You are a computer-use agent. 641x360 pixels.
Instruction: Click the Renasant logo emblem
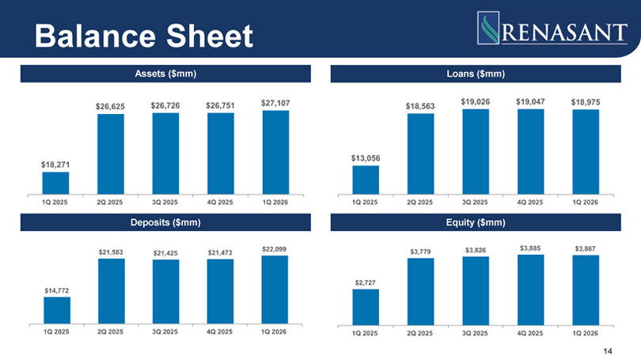[x=488, y=28]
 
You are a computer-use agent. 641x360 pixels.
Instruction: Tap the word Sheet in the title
[x=209, y=36]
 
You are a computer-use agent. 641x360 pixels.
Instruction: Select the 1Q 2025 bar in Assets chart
[x=55, y=183]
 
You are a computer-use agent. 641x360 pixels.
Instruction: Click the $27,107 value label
[x=275, y=103]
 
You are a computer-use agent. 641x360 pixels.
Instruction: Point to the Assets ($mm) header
[x=165, y=74]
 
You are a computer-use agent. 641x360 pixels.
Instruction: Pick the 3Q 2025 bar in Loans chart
[x=476, y=152]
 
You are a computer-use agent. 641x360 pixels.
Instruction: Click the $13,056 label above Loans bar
[x=366, y=158]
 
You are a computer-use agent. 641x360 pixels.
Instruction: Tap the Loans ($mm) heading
[x=476, y=74]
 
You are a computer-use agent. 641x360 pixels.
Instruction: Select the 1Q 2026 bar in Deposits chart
[x=275, y=290]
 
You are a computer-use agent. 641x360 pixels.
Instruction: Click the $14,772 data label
[x=57, y=290]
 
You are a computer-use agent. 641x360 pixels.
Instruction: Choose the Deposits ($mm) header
[x=165, y=222]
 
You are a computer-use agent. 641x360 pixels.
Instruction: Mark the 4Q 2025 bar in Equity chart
[x=531, y=290]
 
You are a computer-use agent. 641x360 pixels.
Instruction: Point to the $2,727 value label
[x=365, y=282]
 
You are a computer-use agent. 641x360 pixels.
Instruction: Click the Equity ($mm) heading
[x=476, y=222]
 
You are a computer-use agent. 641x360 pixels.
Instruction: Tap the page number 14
[x=608, y=351]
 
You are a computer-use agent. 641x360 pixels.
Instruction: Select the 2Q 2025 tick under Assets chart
[x=109, y=203]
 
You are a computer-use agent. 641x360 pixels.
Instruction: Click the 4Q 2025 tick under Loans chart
[x=530, y=203]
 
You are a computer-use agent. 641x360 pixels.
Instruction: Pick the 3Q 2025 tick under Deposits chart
[x=165, y=332]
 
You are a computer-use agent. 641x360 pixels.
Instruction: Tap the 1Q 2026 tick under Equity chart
[x=585, y=333]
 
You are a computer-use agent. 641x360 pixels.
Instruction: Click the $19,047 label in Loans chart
[x=530, y=102]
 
